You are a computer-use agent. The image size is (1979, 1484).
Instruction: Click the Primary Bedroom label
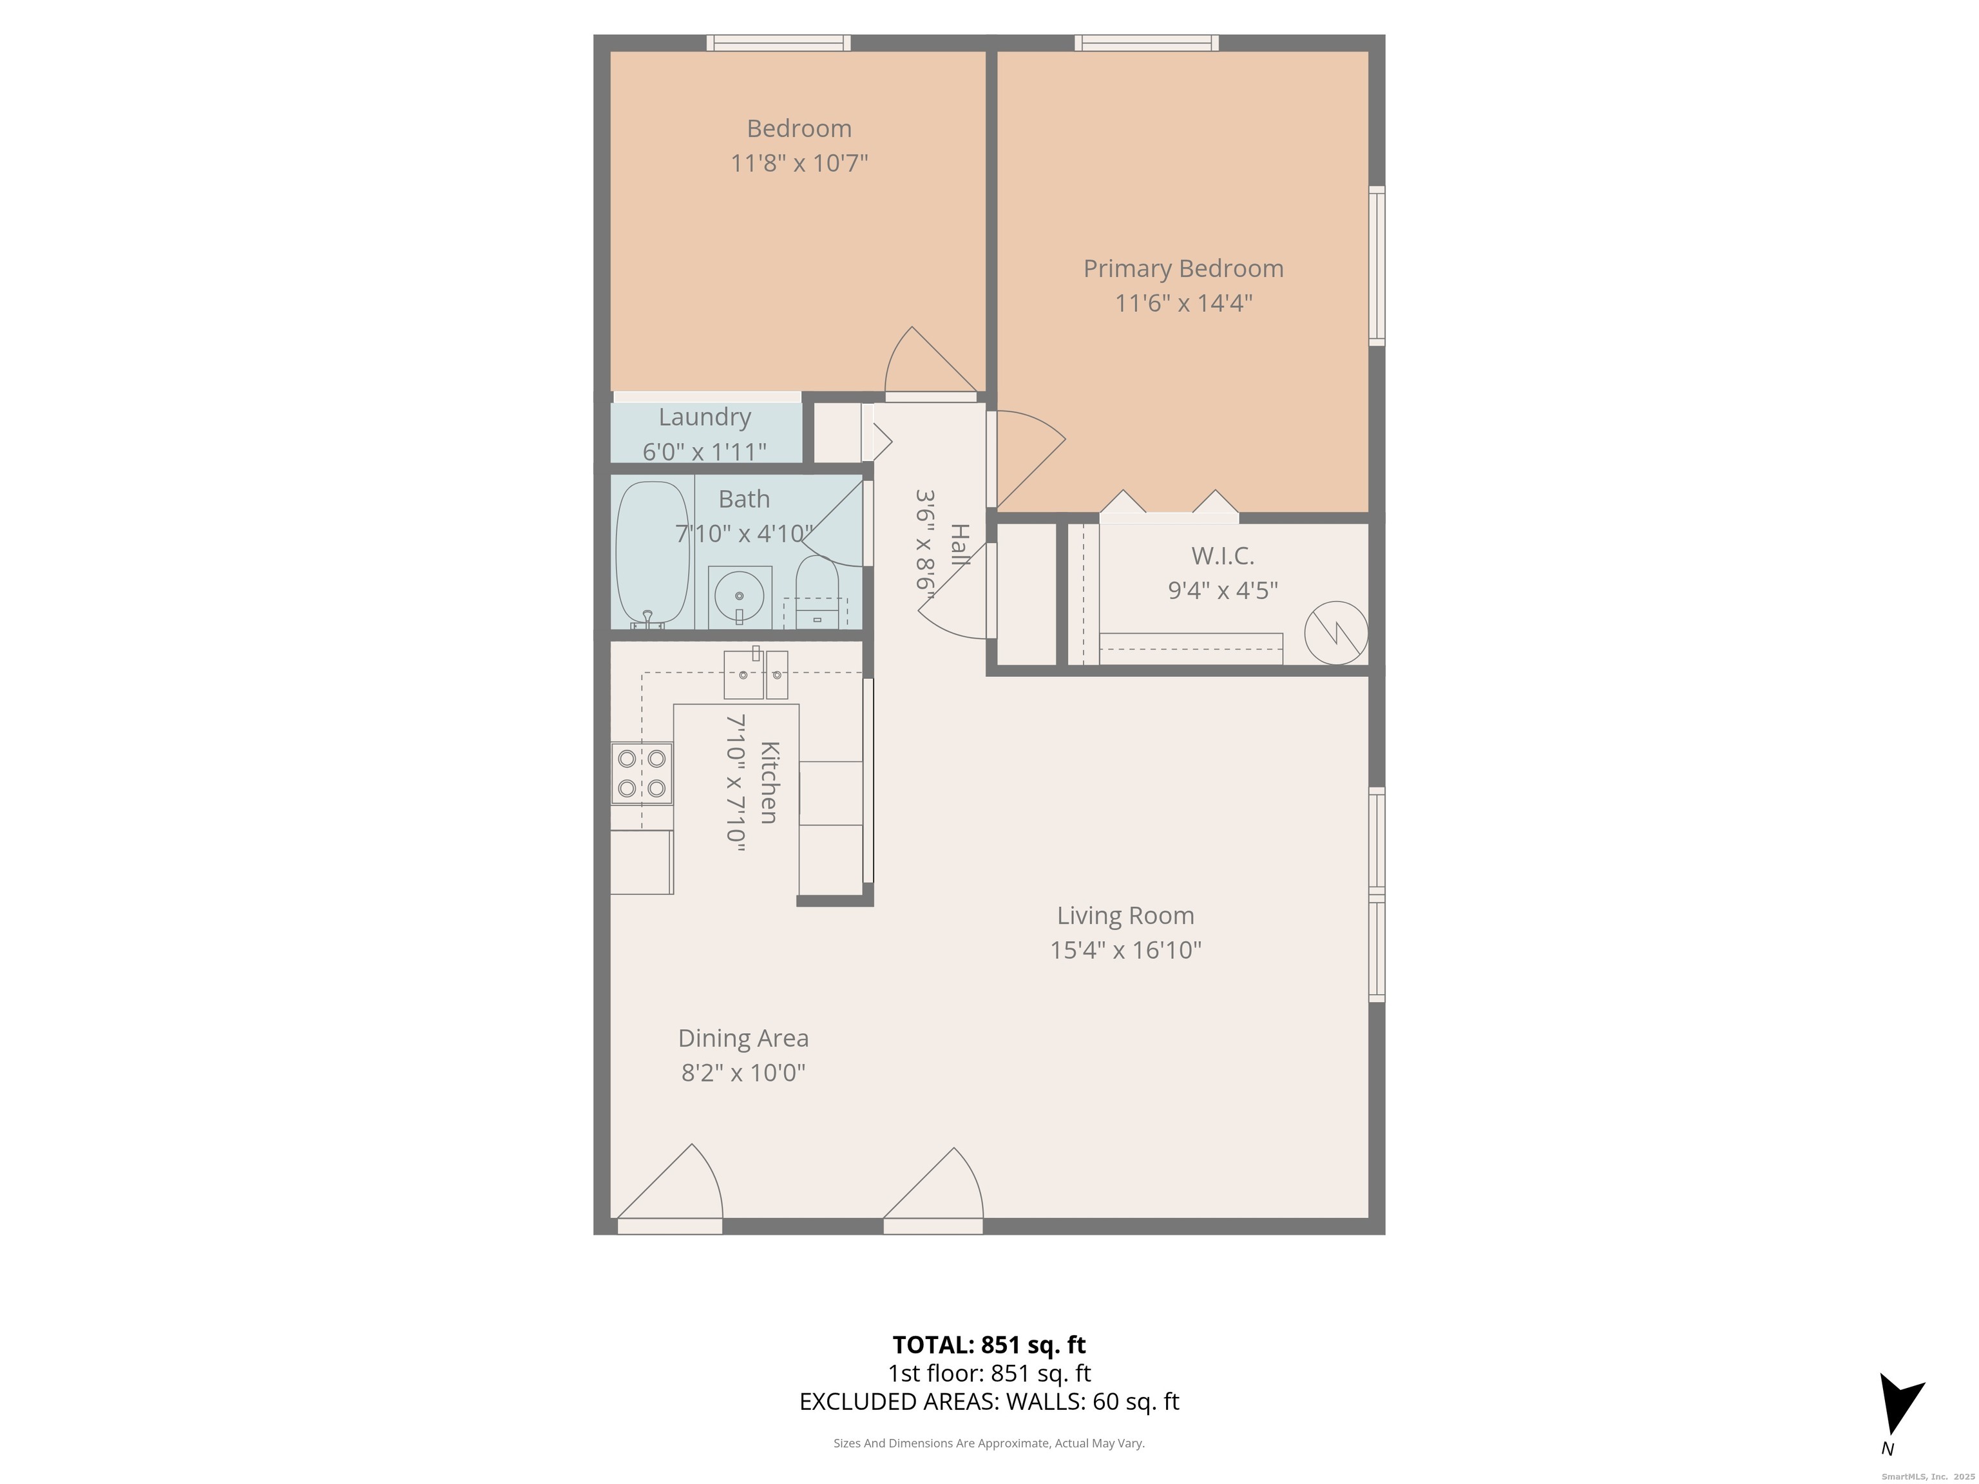tap(1183, 269)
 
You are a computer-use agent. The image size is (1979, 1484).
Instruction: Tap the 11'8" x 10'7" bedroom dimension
tap(799, 163)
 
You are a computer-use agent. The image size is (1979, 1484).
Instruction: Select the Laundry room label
tap(704, 417)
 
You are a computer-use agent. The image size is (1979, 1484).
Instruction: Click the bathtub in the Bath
tap(653, 553)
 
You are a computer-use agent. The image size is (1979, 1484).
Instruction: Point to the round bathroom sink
tap(739, 596)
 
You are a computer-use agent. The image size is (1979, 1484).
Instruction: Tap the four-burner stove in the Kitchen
tap(642, 774)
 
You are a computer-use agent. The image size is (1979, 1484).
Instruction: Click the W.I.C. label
tap(1222, 555)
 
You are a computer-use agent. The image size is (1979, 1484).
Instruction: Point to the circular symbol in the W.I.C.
tap(1335, 633)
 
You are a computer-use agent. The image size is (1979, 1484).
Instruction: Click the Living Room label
tap(1125, 915)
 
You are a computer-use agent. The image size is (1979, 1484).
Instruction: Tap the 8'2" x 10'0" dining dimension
tap(743, 1072)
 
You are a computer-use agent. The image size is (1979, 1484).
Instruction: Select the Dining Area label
tap(743, 1038)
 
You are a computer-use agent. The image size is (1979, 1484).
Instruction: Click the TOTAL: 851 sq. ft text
tap(989, 1344)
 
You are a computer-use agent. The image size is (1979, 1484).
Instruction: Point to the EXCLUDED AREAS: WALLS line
tap(989, 1402)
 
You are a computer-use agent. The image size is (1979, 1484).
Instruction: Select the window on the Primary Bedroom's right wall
tap(1378, 265)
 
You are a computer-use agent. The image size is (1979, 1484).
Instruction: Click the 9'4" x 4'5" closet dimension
tap(1222, 591)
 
